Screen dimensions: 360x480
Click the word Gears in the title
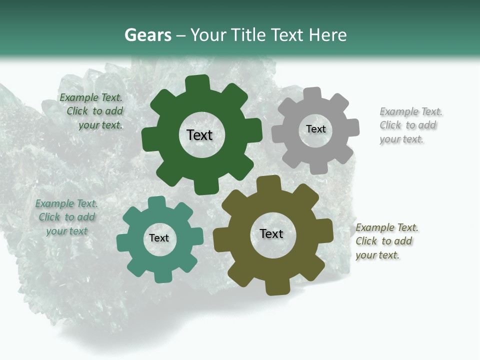(147, 35)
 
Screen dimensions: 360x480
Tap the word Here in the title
(327, 35)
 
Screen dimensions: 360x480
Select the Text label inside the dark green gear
(199, 135)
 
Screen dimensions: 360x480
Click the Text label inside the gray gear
(315, 129)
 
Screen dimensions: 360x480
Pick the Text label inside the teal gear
(159, 238)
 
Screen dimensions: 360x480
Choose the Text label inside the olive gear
(271, 233)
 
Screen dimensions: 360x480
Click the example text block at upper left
(91, 111)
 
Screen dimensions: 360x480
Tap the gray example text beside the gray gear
(410, 125)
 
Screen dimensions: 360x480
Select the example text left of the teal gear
(66, 217)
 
